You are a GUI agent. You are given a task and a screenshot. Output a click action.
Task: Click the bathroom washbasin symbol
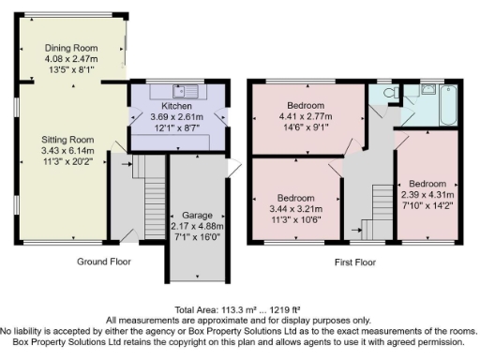427,90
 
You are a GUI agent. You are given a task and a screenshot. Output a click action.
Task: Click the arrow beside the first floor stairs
355,228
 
